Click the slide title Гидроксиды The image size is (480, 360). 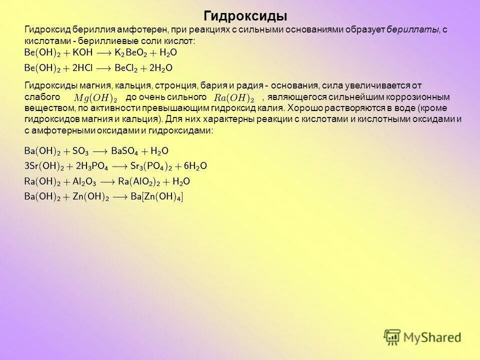tap(246, 15)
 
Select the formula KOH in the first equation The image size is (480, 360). tap(83, 52)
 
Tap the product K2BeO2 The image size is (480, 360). tap(131, 52)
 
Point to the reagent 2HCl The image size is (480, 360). tap(83, 68)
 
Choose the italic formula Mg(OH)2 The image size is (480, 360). tap(95, 97)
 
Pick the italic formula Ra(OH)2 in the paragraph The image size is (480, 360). tap(233, 97)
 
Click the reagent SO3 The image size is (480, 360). tap(80, 150)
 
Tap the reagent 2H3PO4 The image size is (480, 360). tap(91, 166)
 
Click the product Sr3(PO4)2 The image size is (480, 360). tap(150, 166)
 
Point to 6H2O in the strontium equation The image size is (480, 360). tap(195, 166)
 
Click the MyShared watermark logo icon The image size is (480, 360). tap(392, 337)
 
